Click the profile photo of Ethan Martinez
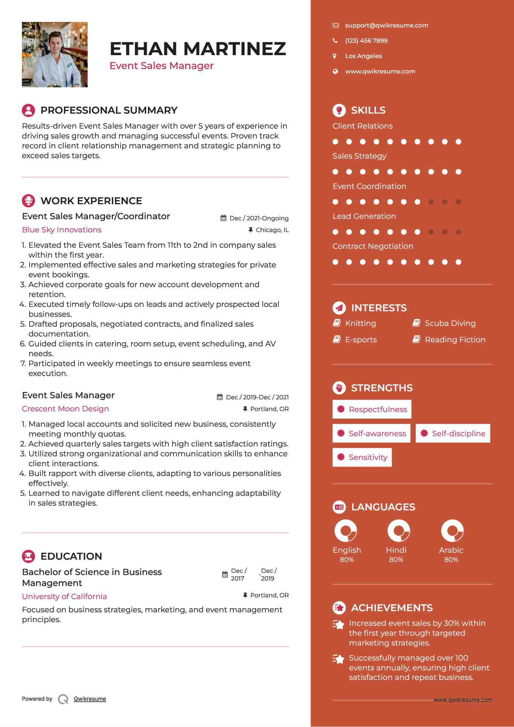point(55,54)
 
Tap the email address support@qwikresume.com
point(387,25)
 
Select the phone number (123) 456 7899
point(366,41)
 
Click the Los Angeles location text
point(363,56)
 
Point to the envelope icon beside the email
point(336,25)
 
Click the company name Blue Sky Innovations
point(62,230)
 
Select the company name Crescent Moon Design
point(65,409)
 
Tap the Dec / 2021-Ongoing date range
point(259,218)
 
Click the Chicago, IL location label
point(272,230)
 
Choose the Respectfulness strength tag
point(372,409)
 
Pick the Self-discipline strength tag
point(453,433)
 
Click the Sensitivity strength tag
point(362,457)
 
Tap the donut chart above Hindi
point(399,530)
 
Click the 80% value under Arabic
point(451,560)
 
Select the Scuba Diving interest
point(450,323)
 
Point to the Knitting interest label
point(360,323)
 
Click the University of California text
point(64,597)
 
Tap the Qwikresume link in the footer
point(90,699)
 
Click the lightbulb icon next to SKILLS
point(339,110)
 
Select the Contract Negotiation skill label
point(373,246)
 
